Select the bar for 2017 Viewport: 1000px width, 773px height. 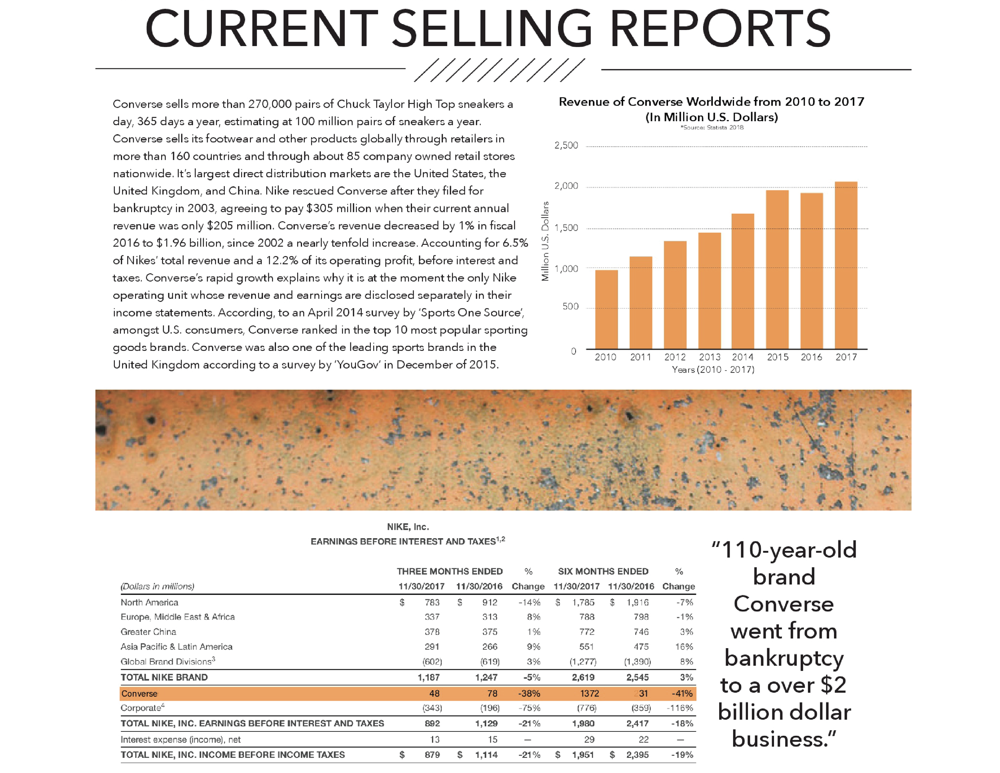(x=846, y=266)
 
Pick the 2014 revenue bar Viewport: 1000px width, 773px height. (x=743, y=281)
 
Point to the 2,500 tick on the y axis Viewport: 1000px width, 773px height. (x=566, y=146)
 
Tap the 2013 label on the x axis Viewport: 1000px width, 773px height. (x=709, y=357)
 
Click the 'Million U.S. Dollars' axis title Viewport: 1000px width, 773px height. (x=545, y=241)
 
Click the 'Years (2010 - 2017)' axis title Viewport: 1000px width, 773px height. (x=713, y=370)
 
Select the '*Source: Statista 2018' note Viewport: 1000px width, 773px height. (x=712, y=128)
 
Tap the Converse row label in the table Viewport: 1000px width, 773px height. (x=139, y=694)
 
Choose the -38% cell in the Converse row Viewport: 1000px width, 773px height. (x=529, y=694)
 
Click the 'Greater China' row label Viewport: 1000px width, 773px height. (x=148, y=632)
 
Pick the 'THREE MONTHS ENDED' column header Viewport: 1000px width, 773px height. (x=450, y=571)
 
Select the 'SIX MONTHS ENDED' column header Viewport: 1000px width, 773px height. (x=603, y=571)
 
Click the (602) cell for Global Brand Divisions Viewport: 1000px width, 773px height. (x=432, y=662)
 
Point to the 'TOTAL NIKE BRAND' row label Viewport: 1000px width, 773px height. (x=164, y=677)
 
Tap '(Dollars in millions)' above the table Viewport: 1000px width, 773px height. (x=157, y=587)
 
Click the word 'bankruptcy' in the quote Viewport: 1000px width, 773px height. (x=784, y=659)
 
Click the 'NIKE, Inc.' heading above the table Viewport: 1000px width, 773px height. (x=408, y=527)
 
